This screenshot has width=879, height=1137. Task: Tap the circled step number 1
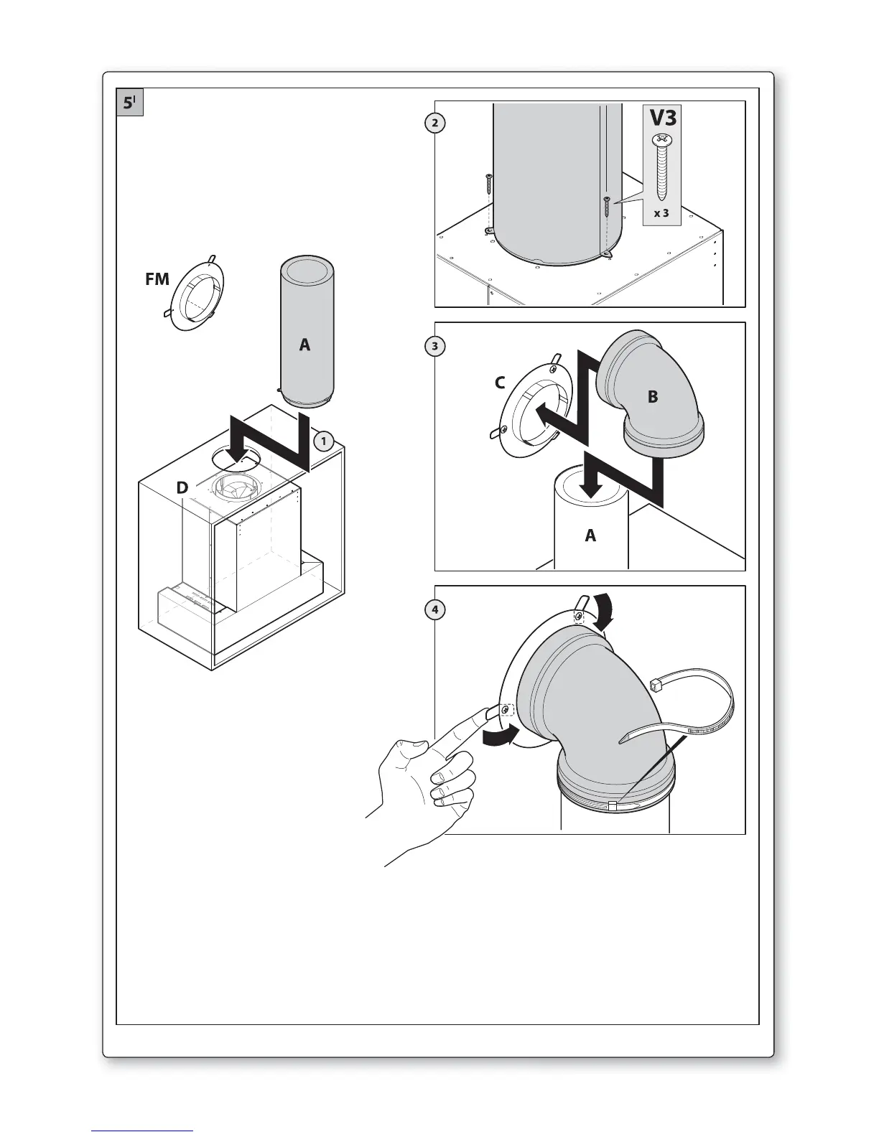(324, 441)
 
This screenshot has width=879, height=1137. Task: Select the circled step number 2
(434, 123)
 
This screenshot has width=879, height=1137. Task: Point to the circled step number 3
(434, 346)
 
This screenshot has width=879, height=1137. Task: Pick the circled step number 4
(434, 610)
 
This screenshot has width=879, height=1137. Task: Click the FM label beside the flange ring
(157, 279)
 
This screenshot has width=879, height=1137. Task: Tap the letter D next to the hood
(182, 488)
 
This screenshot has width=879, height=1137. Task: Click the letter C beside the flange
(500, 383)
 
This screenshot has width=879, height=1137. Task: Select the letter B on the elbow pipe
(652, 396)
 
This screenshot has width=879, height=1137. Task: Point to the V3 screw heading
(662, 117)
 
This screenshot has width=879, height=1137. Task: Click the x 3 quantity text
(661, 213)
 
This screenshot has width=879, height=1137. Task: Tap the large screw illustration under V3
(661, 167)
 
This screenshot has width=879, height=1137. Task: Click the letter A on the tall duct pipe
(305, 345)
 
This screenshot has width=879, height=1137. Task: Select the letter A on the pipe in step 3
(590, 535)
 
